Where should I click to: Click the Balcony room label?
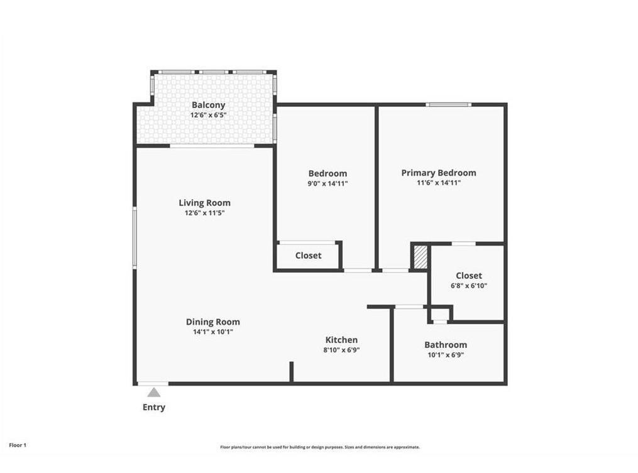pos(208,105)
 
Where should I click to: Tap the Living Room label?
pos(204,202)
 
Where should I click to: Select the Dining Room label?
pos(212,322)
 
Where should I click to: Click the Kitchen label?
pos(341,340)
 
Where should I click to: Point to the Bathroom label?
pos(445,344)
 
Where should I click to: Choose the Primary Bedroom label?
pos(438,173)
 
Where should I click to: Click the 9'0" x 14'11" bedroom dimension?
pos(327,183)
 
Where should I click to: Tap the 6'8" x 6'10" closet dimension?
pos(468,285)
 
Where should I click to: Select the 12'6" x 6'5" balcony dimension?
pos(208,116)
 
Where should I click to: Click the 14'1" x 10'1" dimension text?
pos(212,332)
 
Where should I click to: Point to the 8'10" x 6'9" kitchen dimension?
pos(341,350)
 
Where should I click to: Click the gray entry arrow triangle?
pos(153,393)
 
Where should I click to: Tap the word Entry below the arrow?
pos(153,407)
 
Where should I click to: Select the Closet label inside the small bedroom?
pos(308,256)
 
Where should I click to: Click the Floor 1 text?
pos(18,445)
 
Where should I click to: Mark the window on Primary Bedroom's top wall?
pos(448,104)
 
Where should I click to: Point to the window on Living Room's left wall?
pos(134,239)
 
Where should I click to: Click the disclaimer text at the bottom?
pos(319,447)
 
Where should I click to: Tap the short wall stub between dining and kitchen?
pos(291,371)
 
